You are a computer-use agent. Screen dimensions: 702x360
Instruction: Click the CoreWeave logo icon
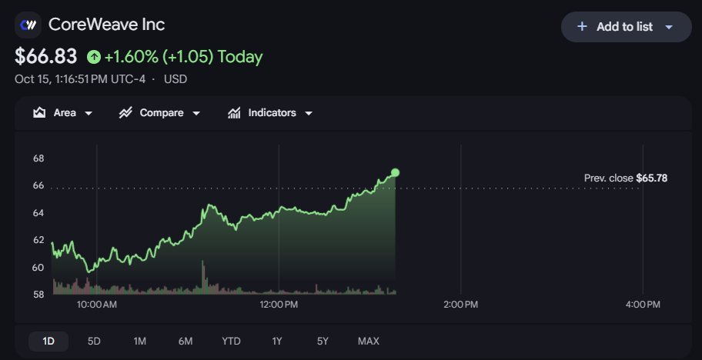pyautogui.click(x=28, y=25)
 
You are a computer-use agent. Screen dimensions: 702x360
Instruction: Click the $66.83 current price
pyautogui.click(x=46, y=57)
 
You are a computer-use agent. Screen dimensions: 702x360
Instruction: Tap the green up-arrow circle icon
pyautogui.click(x=94, y=57)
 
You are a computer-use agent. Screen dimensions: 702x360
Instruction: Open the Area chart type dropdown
pyautogui.click(x=62, y=113)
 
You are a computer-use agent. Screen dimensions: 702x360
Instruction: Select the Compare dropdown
pyautogui.click(x=159, y=113)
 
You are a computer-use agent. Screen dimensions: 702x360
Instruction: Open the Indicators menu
pyautogui.click(x=270, y=113)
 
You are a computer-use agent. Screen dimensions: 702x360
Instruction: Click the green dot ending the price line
pyautogui.click(x=395, y=172)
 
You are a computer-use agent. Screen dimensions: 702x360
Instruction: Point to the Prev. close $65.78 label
pyautogui.click(x=626, y=178)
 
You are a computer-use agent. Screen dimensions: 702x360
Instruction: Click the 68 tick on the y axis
pyautogui.click(x=38, y=158)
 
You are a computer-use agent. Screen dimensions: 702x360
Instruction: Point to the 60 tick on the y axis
pyautogui.click(x=38, y=268)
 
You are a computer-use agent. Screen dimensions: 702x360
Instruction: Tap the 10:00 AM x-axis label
pyautogui.click(x=97, y=305)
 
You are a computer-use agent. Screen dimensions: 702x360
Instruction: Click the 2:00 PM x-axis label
pyautogui.click(x=460, y=305)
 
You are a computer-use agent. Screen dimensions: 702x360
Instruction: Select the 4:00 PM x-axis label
pyautogui.click(x=643, y=305)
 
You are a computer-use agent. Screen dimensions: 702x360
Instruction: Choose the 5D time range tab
pyautogui.click(x=94, y=342)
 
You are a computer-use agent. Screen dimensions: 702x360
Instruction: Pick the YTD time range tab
pyautogui.click(x=231, y=342)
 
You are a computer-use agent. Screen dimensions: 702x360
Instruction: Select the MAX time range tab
pyautogui.click(x=369, y=342)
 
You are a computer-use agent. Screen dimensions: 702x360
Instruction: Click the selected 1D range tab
pyautogui.click(x=48, y=342)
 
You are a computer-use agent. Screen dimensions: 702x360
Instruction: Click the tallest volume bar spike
pyautogui.click(x=202, y=277)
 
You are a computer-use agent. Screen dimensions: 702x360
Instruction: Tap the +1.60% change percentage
pyautogui.click(x=131, y=57)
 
